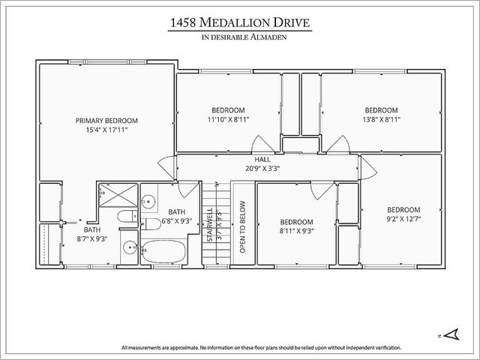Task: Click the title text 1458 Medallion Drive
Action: [x=239, y=24]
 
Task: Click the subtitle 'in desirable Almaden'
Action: [x=239, y=37]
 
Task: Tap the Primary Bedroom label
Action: [x=106, y=120]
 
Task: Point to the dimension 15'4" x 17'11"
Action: [x=106, y=130]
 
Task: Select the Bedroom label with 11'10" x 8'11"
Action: [x=229, y=109]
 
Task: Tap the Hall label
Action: [x=262, y=159]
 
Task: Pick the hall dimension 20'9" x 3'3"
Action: [x=262, y=168]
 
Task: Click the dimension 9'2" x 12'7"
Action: [x=403, y=219]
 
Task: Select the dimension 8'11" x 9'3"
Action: [x=296, y=231]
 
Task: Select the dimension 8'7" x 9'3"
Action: [x=93, y=238]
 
